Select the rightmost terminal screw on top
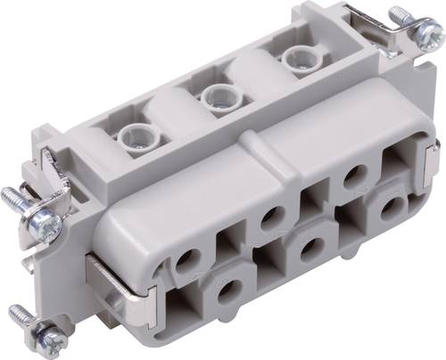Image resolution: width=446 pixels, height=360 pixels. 294,58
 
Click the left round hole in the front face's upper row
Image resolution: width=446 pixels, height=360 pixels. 187,261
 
